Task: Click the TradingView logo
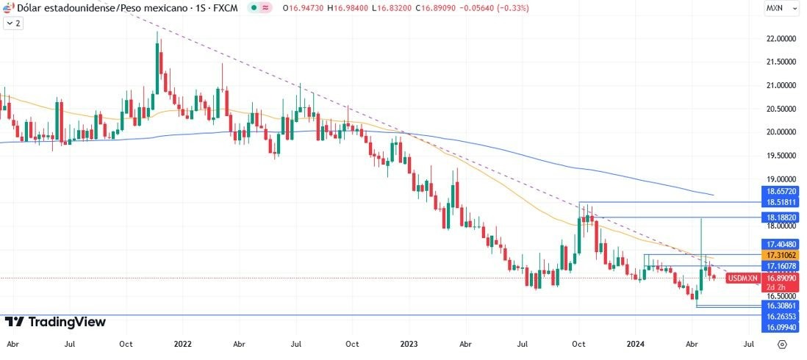tap(55, 322)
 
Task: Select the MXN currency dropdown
tap(778, 8)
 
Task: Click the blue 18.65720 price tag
tap(780, 190)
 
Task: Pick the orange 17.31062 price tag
tap(780, 254)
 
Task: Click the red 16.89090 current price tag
tap(780, 278)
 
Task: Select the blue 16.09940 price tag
tap(780, 326)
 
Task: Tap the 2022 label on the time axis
tap(182, 343)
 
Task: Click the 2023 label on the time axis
tap(409, 343)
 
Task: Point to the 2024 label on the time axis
tap(636, 343)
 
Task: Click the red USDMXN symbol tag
tap(742, 278)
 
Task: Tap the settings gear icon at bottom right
tap(782, 343)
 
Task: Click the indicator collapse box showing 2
tap(13, 24)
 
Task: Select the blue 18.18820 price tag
tap(780, 218)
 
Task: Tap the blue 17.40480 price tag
tap(780, 243)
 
